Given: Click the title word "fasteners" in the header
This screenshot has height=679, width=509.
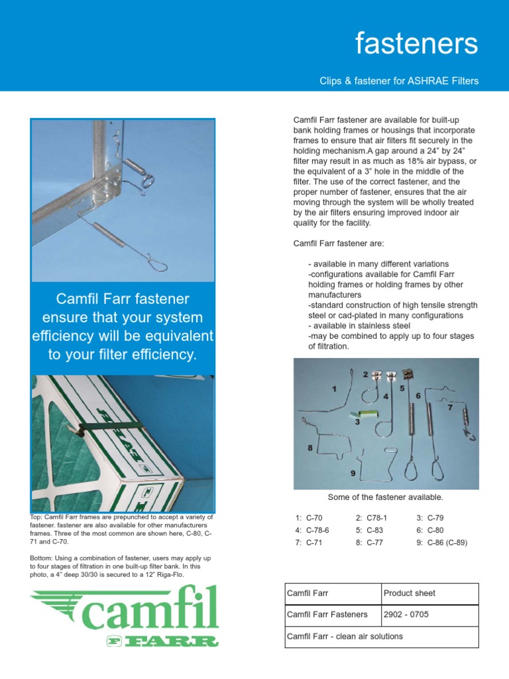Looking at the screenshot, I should coord(416,44).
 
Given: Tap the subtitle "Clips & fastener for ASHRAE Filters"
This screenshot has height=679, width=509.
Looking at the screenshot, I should coord(398,81).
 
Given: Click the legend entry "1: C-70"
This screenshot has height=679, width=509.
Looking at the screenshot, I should coord(309,518).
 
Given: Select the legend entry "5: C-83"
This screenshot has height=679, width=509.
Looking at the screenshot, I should coord(369,530).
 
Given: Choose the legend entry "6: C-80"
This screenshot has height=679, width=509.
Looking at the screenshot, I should coord(430,530).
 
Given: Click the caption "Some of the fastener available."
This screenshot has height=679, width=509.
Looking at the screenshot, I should coord(386,497).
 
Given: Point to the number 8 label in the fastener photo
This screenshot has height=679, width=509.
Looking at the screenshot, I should coord(310,448).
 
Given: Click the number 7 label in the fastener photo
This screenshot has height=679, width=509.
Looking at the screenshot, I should coord(449,408).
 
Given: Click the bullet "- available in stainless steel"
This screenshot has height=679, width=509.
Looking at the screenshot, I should coord(359,326).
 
